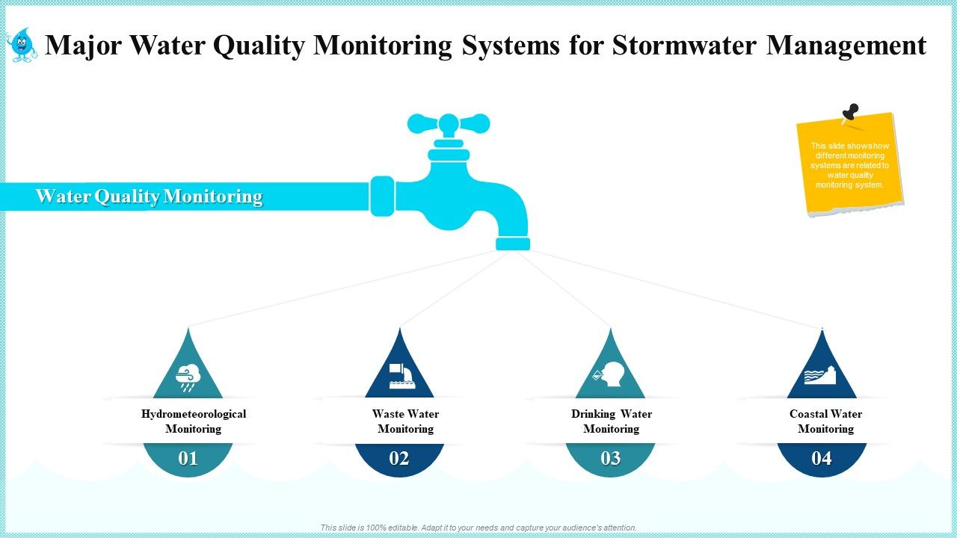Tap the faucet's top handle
tap(449, 123)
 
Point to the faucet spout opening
tap(513, 244)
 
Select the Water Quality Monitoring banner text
tap(149, 197)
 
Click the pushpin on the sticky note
tap(850, 113)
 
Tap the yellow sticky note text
tap(849, 165)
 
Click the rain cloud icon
tap(188, 377)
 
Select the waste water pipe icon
tap(399, 376)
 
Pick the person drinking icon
tap(610, 374)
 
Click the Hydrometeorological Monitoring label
tap(194, 421)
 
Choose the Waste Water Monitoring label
tap(405, 421)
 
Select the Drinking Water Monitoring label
tap(612, 421)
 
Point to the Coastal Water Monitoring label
tap(825, 421)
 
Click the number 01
tap(188, 458)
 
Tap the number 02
tap(399, 458)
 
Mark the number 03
tap(610, 458)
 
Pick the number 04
tap(821, 458)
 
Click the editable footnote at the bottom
tap(478, 528)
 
